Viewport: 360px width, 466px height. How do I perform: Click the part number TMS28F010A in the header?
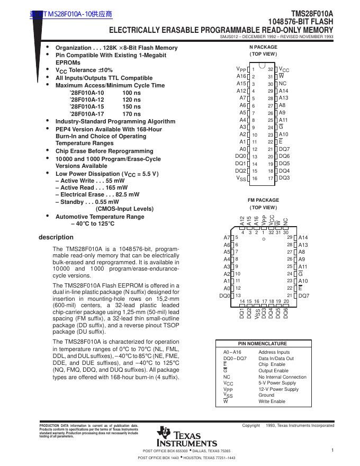coord(312,14)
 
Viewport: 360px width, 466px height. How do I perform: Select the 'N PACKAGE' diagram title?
coord(263,47)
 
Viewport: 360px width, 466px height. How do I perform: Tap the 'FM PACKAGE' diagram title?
coord(263,200)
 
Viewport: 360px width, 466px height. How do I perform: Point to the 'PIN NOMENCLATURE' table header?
coord(263,344)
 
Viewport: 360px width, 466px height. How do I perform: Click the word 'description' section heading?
coord(56,237)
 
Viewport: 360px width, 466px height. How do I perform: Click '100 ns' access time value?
coord(131,93)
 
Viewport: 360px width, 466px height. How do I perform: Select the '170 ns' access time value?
coord(131,114)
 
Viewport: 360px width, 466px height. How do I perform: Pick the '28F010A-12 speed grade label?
coord(86,100)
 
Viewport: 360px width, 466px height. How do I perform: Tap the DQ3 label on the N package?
coord(284,178)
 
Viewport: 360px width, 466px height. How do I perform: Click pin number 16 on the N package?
coord(254,179)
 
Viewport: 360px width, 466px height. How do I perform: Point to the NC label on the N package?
coord(282,84)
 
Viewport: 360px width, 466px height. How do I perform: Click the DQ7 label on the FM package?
coord(304,295)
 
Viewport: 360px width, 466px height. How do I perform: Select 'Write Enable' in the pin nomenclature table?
coord(272,402)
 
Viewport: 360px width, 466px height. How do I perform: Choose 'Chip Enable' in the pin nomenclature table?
coord(272,364)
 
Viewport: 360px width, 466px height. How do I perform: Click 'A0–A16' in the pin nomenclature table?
coord(232,352)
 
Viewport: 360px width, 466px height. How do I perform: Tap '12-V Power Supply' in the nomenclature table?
coord(278,389)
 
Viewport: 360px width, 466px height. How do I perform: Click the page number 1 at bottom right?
coord(332,450)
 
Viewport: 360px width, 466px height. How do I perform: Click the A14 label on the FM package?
coord(303,238)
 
